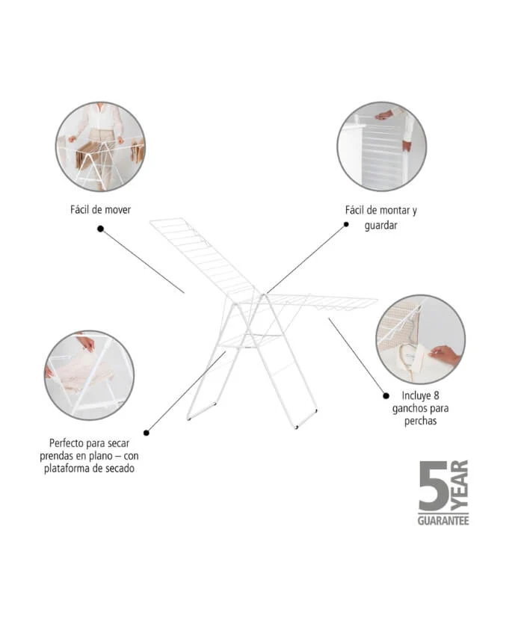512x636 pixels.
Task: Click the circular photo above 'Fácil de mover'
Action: (x=100, y=146)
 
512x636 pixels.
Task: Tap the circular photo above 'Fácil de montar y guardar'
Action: (x=381, y=146)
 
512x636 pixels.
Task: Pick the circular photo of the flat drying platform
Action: (x=89, y=375)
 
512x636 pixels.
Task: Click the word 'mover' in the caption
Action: (x=117, y=210)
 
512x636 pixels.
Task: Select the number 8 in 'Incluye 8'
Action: (x=437, y=395)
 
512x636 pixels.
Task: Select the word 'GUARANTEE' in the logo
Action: (x=443, y=520)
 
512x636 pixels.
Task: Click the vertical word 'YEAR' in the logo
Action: (x=460, y=486)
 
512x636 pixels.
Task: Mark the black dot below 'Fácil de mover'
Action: (x=100, y=229)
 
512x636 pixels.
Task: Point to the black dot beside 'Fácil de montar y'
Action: (x=345, y=223)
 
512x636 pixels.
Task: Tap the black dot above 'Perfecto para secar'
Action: (x=146, y=432)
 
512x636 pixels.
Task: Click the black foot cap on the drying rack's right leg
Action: (x=297, y=427)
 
